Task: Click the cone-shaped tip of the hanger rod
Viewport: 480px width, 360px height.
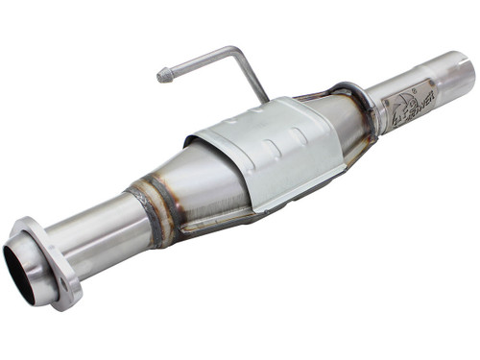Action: coord(164,74)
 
